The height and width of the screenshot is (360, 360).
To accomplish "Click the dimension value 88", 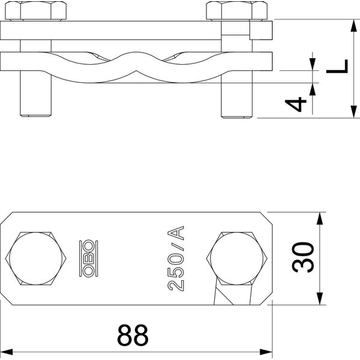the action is (x=133, y=335).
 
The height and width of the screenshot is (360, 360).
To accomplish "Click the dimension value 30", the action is (x=302, y=257).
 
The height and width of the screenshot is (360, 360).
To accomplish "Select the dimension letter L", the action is (x=337, y=67).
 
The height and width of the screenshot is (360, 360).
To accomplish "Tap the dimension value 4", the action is (x=296, y=104).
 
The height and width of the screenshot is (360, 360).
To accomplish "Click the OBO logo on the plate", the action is (x=88, y=258).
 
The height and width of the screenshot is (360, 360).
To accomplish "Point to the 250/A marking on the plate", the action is (x=176, y=259).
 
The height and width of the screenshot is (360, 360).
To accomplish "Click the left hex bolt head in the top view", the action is (x=36, y=259).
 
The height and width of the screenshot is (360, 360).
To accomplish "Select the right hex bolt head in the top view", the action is (x=237, y=259).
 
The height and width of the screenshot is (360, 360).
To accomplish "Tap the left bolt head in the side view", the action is (x=36, y=11).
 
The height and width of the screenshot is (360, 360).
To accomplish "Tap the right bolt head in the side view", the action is (x=237, y=11).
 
